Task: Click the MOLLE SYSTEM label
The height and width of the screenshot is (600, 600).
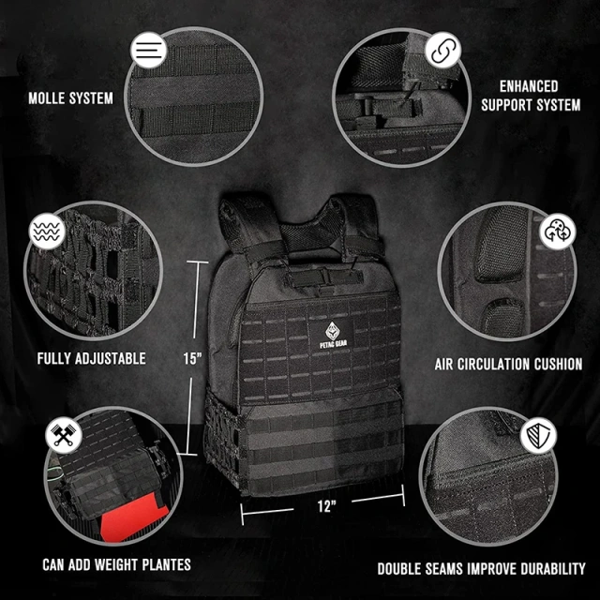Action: pyautogui.click(x=70, y=97)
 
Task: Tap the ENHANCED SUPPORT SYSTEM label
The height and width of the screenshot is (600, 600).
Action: pyautogui.click(x=530, y=95)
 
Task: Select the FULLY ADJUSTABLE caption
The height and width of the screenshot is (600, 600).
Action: pyautogui.click(x=91, y=358)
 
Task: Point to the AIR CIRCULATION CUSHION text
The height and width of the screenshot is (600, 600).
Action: pyautogui.click(x=508, y=364)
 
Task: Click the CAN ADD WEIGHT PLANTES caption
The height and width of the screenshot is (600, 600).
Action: pyautogui.click(x=116, y=564)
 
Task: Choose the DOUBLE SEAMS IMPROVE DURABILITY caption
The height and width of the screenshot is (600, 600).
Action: pyautogui.click(x=481, y=568)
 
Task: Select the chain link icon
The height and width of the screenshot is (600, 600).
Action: pyautogui.click(x=443, y=49)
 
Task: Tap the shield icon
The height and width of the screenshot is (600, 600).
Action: pyautogui.click(x=540, y=435)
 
